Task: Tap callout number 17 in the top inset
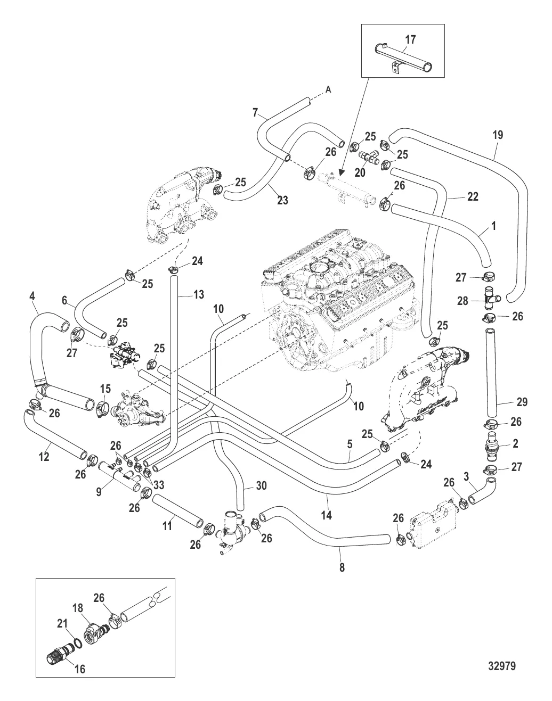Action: pos(410,39)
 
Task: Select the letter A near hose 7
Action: pos(328,90)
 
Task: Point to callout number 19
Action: pos(498,135)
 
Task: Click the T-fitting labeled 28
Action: pos(489,300)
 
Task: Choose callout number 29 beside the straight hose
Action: pos(522,402)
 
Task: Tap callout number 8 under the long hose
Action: pos(342,567)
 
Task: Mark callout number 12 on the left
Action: pos(44,457)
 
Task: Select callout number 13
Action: pos(198,294)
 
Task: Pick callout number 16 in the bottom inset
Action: pos(80,670)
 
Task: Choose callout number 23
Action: pos(282,201)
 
